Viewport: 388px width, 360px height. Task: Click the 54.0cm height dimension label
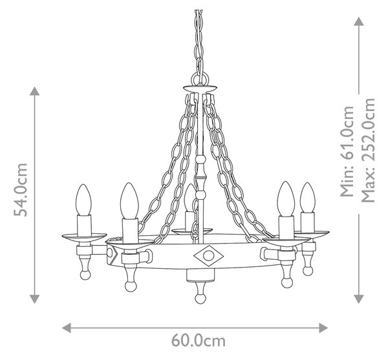pyautogui.click(x=21, y=189)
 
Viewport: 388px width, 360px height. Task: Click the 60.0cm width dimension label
pyautogui.click(x=199, y=341)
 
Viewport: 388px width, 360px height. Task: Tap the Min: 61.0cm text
pyautogui.click(x=347, y=151)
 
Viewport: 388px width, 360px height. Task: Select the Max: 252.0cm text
pyautogui.click(x=369, y=150)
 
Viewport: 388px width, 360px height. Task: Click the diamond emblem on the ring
pyautogui.click(x=209, y=256)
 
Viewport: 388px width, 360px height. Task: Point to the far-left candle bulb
pyautogui.click(x=83, y=200)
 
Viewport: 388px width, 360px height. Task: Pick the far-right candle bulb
pyautogui.click(x=308, y=198)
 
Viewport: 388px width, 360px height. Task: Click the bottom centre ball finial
pyautogui.click(x=200, y=299)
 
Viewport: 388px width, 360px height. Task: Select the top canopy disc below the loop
pyautogui.click(x=200, y=89)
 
